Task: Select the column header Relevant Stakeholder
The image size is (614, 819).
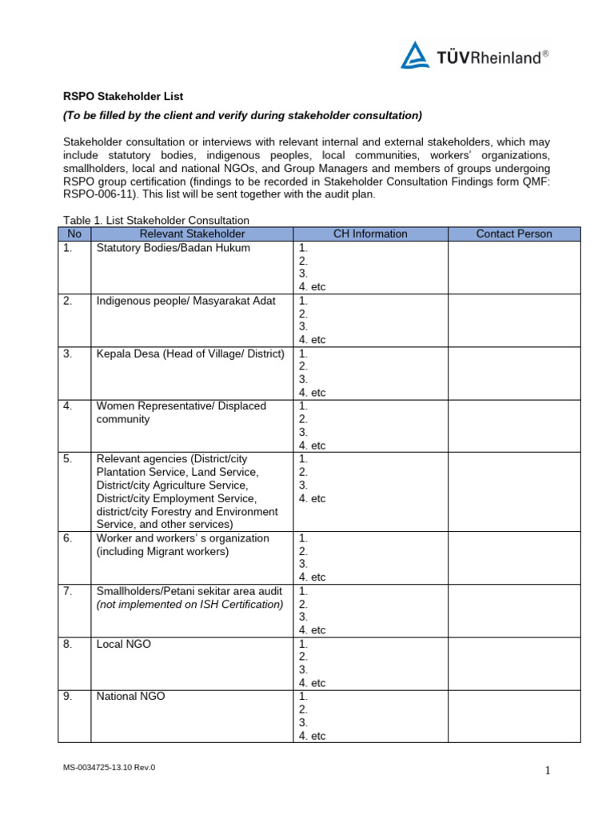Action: click(192, 234)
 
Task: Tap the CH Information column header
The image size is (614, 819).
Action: click(370, 234)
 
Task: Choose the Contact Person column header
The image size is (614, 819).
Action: click(513, 234)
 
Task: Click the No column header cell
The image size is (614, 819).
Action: click(74, 234)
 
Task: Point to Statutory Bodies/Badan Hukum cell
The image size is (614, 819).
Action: click(173, 248)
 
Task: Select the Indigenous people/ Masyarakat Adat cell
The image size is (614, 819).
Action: click(185, 301)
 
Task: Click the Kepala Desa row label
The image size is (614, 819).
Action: click(190, 354)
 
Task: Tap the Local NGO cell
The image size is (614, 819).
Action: click(123, 644)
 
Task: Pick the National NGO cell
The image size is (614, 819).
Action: click(130, 697)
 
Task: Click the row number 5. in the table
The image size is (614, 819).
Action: click(68, 459)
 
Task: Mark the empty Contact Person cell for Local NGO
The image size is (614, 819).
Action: click(513, 663)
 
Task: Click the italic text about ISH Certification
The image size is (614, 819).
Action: click(189, 604)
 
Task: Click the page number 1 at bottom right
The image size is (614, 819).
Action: click(548, 770)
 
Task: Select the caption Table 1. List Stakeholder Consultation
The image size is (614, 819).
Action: click(157, 220)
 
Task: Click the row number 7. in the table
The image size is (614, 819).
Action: click(68, 591)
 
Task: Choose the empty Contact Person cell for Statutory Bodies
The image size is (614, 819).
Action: click(513, 267)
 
